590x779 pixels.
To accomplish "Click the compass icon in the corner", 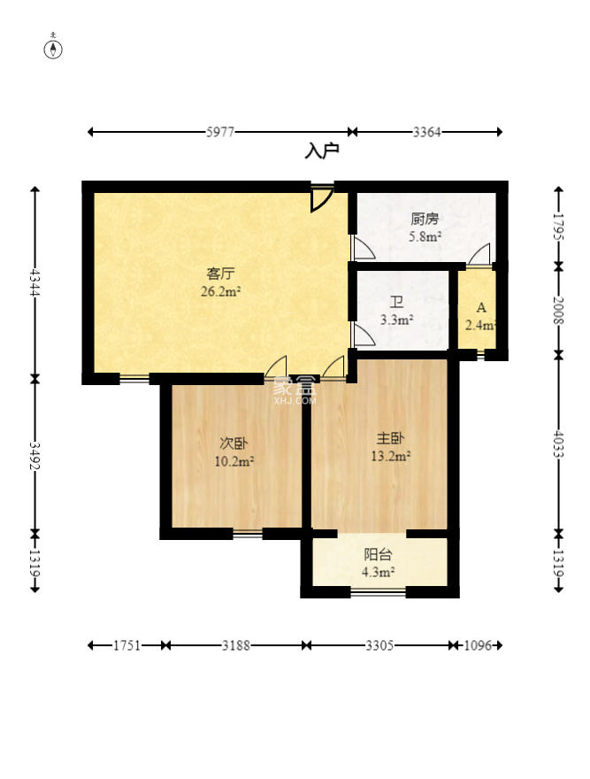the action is click(53, 50).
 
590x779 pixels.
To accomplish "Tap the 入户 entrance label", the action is click(322, 151).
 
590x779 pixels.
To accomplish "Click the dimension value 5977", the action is click(220, 132).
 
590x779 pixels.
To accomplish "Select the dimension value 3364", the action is click(426, 132).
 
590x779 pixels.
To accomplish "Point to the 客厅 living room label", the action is click(220, 274).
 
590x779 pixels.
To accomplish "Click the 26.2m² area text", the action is click(220, 291).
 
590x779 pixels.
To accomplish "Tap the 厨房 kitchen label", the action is click(425, 219).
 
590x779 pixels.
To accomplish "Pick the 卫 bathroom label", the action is click(396, 302).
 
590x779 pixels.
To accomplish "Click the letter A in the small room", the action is click(481, 308).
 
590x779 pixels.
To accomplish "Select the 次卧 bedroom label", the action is click(234, 443).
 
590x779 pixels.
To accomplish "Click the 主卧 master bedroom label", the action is click(390, 437).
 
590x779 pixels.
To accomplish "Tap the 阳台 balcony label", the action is click(378, 554).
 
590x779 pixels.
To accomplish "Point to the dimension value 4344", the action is click(34, 282).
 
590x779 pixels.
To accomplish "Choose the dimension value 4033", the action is click(559, 444).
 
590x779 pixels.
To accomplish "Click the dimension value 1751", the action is click(127, 645).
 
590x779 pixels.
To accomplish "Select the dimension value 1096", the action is click(478, 645).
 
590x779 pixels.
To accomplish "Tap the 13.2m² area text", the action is click(390, 456).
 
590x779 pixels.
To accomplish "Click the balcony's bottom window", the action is click(379, 591).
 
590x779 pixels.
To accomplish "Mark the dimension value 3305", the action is click(380, 645).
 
